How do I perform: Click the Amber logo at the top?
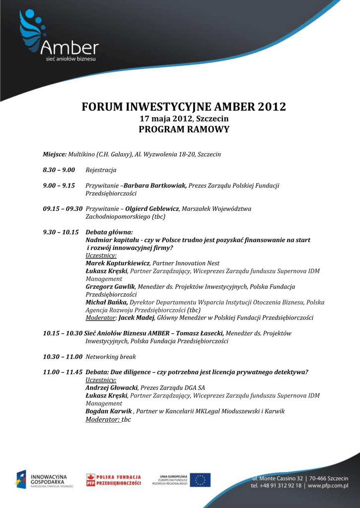58,38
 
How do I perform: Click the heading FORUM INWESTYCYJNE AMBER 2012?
184,107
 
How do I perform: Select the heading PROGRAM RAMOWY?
184,129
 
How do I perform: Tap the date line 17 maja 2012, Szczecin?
184,119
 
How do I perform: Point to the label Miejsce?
54,154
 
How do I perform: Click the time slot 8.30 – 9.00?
59,170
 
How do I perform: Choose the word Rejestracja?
101,170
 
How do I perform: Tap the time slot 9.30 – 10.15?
61,232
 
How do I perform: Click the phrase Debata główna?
109,232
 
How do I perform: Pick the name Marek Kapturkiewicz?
118,263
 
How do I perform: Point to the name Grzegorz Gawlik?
110,286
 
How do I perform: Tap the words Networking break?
111,356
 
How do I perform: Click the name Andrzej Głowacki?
111,387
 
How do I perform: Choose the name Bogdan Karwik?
109,411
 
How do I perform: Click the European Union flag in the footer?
200,480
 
